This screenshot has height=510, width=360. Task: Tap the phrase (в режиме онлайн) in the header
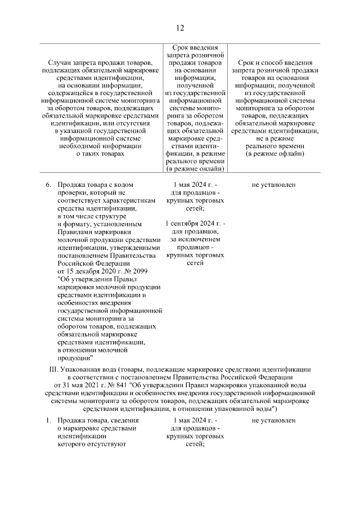point(194,168)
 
